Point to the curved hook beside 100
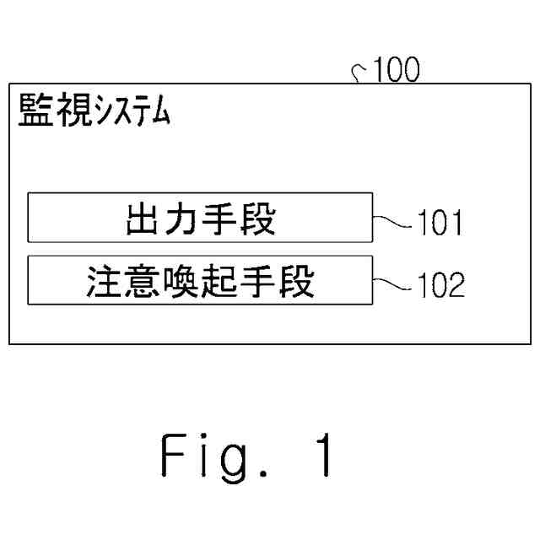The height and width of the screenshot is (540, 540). [x=357, y=76]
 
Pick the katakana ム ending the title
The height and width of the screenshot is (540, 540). [x=159, y=111]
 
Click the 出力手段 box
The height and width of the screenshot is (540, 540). [x=200, y=219]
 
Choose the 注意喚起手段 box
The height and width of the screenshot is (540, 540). [x=200, y=281]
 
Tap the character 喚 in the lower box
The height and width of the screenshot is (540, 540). [x=181, y=281]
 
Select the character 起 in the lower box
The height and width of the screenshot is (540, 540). [x=219, y=281]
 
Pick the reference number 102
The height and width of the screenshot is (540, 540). [x=439, y=286]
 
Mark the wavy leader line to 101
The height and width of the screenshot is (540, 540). [x=392, y=221]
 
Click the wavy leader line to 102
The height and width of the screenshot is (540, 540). [x=392, y=283]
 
